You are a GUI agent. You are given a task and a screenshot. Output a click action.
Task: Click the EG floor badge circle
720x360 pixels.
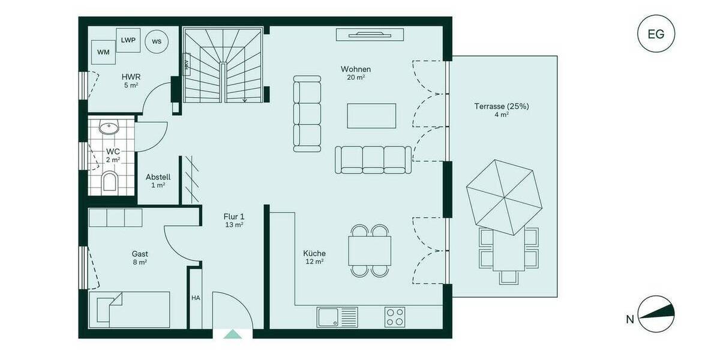click(656, 34)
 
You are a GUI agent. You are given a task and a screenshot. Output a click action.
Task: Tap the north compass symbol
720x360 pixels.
click(656, 314)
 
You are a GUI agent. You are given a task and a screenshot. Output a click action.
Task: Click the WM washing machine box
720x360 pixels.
click(103, 52)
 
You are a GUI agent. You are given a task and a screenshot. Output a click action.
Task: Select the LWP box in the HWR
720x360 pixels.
click(128, 40)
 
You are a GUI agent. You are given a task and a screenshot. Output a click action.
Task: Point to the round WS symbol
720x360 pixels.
click(157, 41)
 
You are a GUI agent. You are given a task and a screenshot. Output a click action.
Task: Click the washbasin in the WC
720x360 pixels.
click(109, 128)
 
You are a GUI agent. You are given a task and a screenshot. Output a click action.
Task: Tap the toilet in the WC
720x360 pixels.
click(109, 180)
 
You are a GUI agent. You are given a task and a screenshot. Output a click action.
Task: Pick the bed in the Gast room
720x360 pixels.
click(129, 309)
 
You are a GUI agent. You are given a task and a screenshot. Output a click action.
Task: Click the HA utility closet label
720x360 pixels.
click(196, 298)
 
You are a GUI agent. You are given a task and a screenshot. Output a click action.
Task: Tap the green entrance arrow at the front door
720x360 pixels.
click(232, 334)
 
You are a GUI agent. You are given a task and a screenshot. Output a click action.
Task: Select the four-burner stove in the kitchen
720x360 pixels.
click(394, 317)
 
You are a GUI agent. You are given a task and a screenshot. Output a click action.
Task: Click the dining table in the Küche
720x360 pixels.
click(370, 251)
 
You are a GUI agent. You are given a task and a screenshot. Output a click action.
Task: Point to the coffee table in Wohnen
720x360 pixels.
click(371, 116)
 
